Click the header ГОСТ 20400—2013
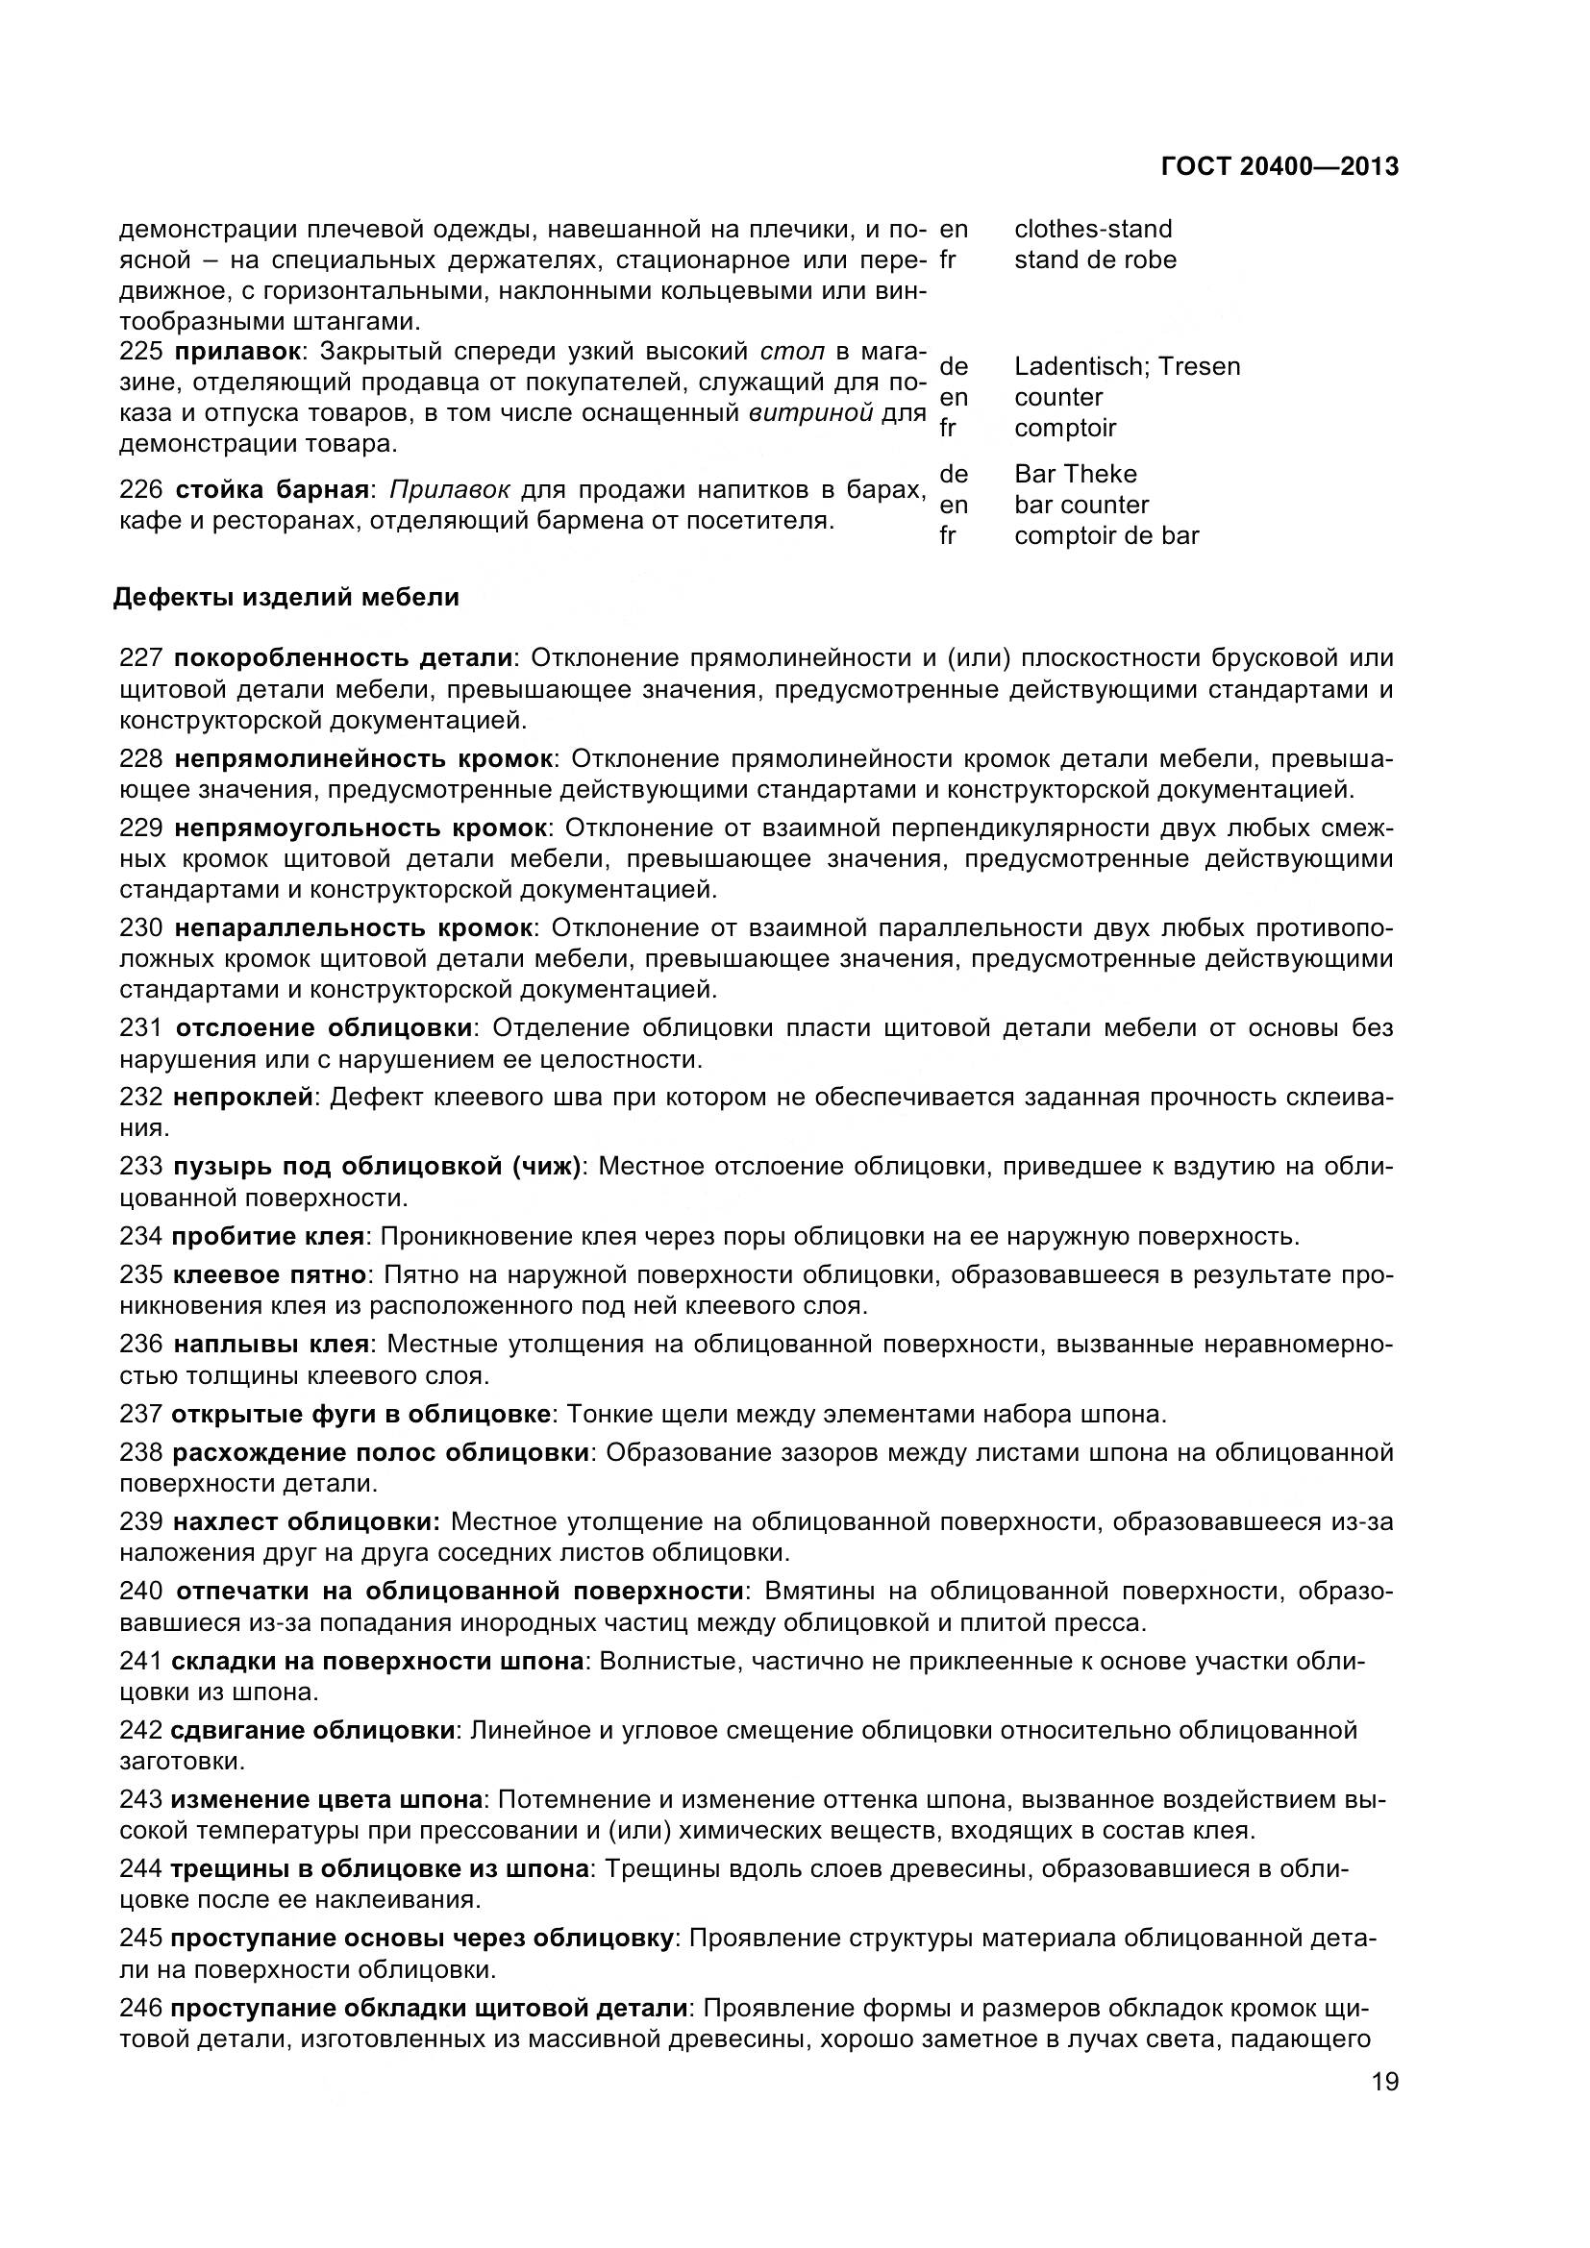coord(1279,166)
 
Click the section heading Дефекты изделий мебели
coord(286,597)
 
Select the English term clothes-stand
coord(1093,229)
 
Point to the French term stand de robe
coord(1095,259)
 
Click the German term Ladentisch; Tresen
coord(1127,366)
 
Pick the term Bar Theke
coord(1075,474)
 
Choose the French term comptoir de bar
coord(1106,535)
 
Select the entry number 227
coord(140,657)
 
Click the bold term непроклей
coord(243,1098)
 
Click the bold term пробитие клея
coord(267,1236)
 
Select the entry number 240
coord(140,1591)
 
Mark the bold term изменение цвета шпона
coord(326,1799)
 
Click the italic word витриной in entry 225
coord(809,412)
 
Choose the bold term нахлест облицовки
coord(306,1521)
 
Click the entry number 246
coord(140,2008)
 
